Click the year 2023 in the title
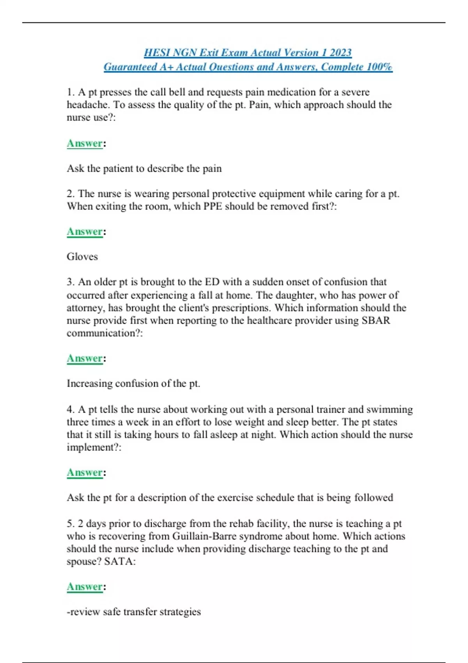340,53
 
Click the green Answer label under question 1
85,144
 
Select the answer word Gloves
82,257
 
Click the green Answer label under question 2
85,232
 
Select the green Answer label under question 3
85,358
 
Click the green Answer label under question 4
85,473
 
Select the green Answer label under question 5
85,587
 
